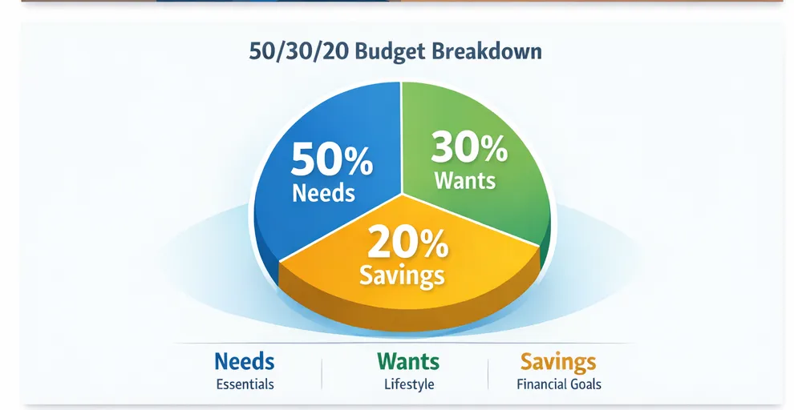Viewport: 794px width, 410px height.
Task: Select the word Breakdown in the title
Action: [x=487, y=52]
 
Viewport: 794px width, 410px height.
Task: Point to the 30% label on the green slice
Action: [x=469, y=148]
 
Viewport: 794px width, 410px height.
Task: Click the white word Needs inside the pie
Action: [x=324, y=193]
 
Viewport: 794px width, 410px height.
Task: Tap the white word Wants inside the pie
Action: [x=465, y=180]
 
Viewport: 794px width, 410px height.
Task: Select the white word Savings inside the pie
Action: [x=402, y=275]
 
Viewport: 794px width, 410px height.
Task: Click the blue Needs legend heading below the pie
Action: [x=245, y=361]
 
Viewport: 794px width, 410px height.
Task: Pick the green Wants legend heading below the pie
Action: [x=409, y=361]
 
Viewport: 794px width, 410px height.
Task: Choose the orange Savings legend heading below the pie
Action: [x=558, y=361]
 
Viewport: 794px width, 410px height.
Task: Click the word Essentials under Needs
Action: [x=245, y=384]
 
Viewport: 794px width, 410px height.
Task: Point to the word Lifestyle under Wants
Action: [x=409, y=384]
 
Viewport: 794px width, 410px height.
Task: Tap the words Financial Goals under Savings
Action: [x=559, y=384]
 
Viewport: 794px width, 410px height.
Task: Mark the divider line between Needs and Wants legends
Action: [x=322, y=373]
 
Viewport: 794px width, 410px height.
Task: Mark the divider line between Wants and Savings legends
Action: [x=488, y=373]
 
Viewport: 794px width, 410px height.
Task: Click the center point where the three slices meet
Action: [x=400, y=194]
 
